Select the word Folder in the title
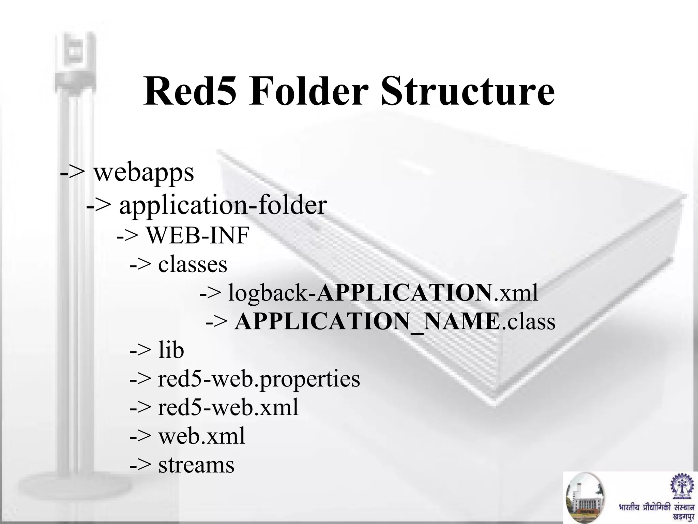coord(308,91)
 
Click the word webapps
coord(143,173)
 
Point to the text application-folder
coord(223,205)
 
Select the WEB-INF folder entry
coord(198,235)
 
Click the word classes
coord(193,264)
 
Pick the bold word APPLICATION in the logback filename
coord(404,293)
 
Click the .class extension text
coord(528,322)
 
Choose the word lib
coord(171,350)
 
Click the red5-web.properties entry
coord(259,379)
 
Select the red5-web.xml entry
coord(228,408)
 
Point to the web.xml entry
coord(201,436)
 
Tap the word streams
coord(196,465)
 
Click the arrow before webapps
coord(72,173)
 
